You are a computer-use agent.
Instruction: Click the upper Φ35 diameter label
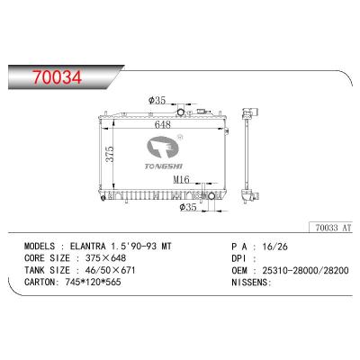(x=157, y=103)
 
